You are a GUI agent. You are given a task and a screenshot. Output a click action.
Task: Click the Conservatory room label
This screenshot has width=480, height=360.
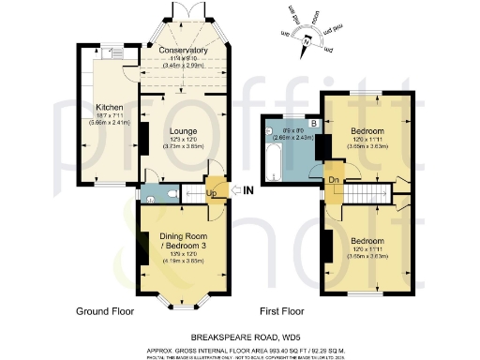[x=183, y=50]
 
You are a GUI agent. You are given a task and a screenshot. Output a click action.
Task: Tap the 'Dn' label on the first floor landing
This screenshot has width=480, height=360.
[x=333, y=180]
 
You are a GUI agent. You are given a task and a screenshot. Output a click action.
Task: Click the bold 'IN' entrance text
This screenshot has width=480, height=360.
[x=249, y=191]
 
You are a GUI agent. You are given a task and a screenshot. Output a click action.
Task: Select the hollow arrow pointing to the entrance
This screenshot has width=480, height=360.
[x=233, y=191]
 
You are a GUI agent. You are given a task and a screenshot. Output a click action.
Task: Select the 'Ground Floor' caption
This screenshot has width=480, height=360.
[x=104, y=310]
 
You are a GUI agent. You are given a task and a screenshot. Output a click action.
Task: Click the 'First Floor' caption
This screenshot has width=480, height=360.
[x=282, y=310]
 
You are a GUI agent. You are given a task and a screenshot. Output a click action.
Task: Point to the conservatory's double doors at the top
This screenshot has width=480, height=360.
[x=182, y=10]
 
